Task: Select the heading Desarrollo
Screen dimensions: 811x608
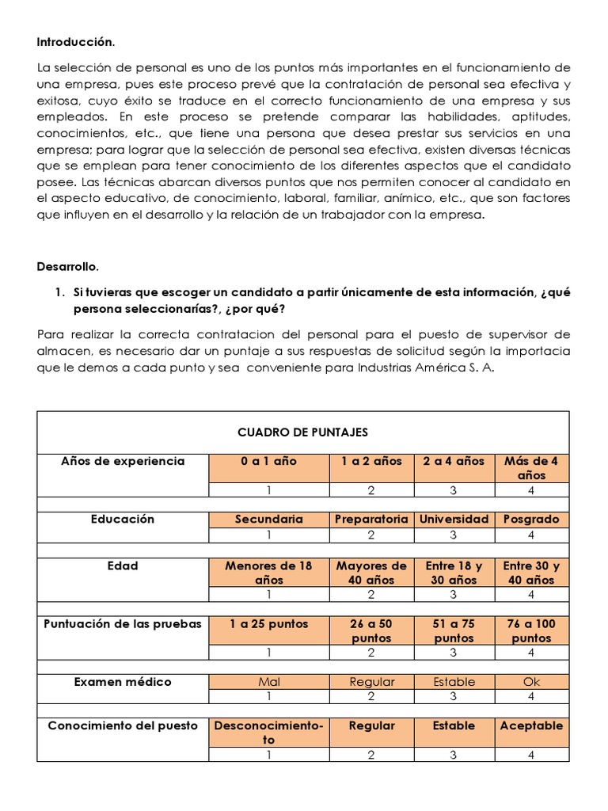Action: point(70,267)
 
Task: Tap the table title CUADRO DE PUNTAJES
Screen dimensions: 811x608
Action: point(302,432)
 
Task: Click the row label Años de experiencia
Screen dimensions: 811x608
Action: point(123,461)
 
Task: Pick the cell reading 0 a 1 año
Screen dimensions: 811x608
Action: point(268,461)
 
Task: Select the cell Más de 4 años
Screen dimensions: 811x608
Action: point(531,468)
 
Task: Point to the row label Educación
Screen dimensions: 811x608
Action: point(123,519)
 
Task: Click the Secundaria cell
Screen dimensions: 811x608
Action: point(268,520)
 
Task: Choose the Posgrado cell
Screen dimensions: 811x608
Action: point(531,520)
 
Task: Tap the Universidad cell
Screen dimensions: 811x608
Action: point(454,520)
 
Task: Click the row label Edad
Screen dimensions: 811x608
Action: point(123,565)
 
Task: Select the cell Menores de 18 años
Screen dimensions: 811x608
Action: point(268,573)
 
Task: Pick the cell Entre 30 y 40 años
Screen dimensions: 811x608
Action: point(531,573)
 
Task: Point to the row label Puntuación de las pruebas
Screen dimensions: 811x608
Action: point(123,623)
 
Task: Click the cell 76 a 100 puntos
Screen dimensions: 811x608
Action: point(531,630)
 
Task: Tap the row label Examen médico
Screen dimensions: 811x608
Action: point(123,681)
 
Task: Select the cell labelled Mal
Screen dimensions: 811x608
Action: point(268,682)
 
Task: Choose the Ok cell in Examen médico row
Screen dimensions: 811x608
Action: point(531,682)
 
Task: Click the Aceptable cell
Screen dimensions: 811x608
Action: point(531,725)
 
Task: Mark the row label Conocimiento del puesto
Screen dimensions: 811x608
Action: point(123,725)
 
